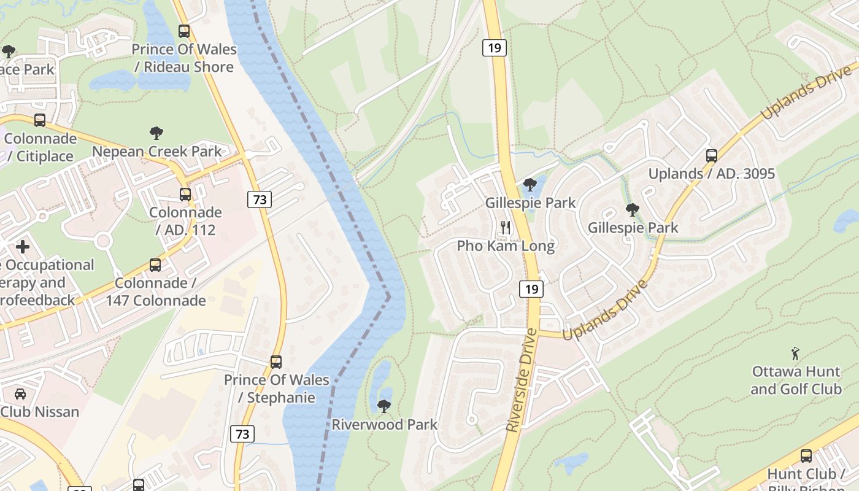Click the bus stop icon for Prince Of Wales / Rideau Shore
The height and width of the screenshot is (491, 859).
click(183, 31)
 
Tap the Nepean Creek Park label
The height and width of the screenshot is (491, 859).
click(156, 151)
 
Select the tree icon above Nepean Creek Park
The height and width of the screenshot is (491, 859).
click(156, 133)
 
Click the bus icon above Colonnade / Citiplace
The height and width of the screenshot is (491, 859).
click(40, 120)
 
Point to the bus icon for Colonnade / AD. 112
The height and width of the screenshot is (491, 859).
click(185, 195)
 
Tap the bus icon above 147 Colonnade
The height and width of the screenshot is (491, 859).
click(155, 265)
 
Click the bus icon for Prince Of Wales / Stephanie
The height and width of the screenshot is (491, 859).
click(276, 362)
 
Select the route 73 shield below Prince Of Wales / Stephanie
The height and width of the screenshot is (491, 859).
click(242, 434)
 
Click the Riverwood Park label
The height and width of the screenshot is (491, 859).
click(385, 424)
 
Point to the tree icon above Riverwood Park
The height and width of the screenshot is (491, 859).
click(384, 406)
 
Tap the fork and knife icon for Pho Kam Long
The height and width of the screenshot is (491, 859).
click(506, 228)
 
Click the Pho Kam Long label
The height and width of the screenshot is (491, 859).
click(506, 246)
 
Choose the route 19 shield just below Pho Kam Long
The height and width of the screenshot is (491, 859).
click(531, 288)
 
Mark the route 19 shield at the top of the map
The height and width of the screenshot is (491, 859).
click(495, 47)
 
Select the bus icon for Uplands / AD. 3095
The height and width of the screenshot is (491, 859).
click(712, 156)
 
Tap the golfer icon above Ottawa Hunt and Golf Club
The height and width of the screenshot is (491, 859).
click(796, 354)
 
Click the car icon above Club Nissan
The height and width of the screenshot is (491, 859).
click(20, 393)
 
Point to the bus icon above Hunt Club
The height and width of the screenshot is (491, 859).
click(806, 456)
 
